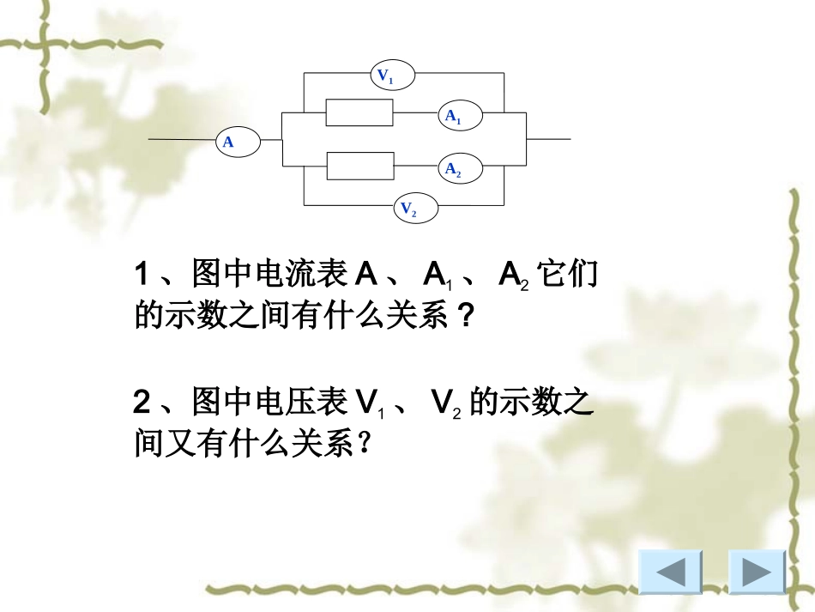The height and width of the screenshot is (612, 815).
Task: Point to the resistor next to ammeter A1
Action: pyautogui.click(x=359, y=112)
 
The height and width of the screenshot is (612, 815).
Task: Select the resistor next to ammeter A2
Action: pyautogui.click(x=359, y=166)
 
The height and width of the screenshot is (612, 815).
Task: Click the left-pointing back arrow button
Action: pyautogui.click(x=670, y=572)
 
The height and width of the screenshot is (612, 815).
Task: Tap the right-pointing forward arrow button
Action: pyautogui.click(x=757, y=572)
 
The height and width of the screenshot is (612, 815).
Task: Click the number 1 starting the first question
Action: pyautogui.click(x=142, y=276)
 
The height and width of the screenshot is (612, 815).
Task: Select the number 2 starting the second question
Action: pyautogui.click(x=142, y=403)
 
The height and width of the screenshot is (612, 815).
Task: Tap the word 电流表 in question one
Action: pyautogui.click(x=290, y=276)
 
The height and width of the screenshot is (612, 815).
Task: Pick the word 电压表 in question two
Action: pyautogui.click(x=290, y=403)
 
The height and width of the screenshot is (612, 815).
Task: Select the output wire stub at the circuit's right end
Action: pyautogui.click(x=548, y=138)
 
